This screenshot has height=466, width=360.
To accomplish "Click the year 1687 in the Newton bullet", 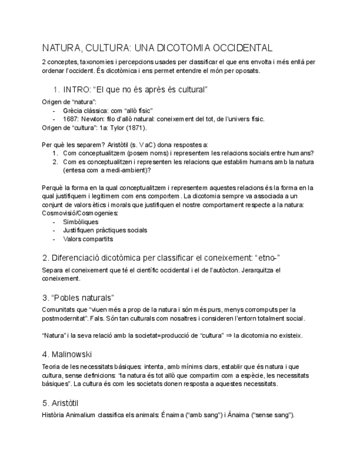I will coord(71,119).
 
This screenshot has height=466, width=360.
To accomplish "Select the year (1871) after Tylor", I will coord(136,127).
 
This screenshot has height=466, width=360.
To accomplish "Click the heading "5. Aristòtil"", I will coord(61,403).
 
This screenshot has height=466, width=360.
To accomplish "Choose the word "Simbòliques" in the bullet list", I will coord(81,221).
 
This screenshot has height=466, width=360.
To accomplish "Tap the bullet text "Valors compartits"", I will coord(88,239).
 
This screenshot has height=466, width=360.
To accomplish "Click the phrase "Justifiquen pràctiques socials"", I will coord(105,230).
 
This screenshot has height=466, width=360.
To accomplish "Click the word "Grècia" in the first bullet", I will coord(73,110).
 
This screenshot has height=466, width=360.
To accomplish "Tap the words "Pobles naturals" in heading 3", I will coord(82,298).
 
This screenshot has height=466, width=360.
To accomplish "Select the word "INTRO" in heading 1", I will coord(76,89).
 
